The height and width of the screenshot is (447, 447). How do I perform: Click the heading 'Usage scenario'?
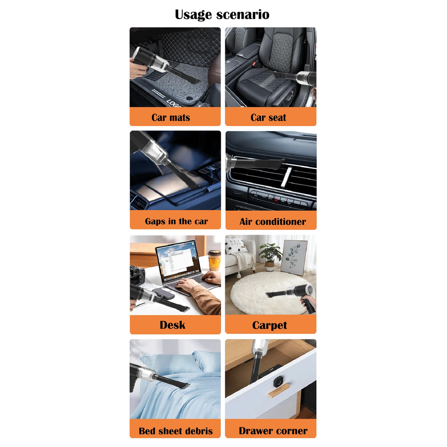(222, 15)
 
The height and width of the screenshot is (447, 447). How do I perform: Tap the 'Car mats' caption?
(171, 117)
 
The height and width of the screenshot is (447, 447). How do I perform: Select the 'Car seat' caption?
(268, 117)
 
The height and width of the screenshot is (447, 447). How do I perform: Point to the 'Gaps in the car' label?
(177, 221)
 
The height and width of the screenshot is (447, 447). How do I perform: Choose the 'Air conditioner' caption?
(273, 222)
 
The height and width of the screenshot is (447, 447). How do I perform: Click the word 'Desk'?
(173, 325)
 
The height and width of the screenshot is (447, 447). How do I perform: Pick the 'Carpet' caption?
(270, 325)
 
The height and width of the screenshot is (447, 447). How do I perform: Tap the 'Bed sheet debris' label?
(176, 431)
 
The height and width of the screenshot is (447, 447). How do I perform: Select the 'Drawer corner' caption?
(273, 431)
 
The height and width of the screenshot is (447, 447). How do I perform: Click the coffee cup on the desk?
(214, 260)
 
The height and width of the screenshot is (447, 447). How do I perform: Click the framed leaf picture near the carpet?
(294, 258)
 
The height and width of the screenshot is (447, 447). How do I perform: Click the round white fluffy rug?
(268, 292)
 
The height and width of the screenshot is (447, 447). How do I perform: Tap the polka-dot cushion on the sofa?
(236, 246)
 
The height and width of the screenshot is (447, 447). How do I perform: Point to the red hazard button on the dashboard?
(276, 200)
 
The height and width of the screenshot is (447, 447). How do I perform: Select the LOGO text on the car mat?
(174, 104)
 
